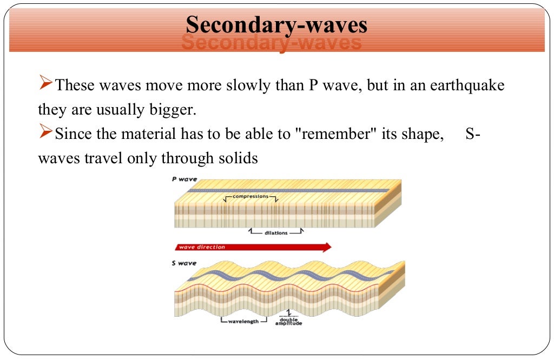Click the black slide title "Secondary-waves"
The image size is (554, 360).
pyautogui.click(x=276, y=25)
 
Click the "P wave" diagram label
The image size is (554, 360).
pyautogui.click(x=184, y=179)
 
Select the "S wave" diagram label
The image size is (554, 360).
pyautogui.click(x=184, y=263)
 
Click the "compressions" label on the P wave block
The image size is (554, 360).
pyautogui.click(x=250, y=197)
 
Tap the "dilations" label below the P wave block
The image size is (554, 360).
pyautogui.click(x=276, y=233)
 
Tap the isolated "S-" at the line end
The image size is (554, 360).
pyautogui.click(x=472, y=135)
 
